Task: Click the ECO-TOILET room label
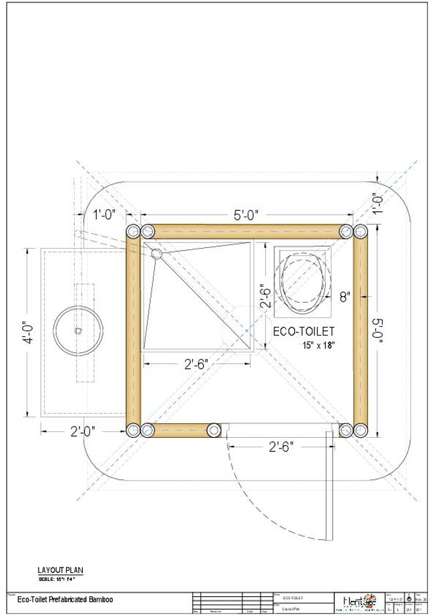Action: coord(304,331)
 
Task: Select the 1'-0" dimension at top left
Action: coord(105,215)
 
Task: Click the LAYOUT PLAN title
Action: coord(60,570)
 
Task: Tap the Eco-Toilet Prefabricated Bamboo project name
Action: coord(65,600)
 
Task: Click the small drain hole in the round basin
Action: coord(78,330)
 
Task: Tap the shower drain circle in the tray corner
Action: coord(157,253)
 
